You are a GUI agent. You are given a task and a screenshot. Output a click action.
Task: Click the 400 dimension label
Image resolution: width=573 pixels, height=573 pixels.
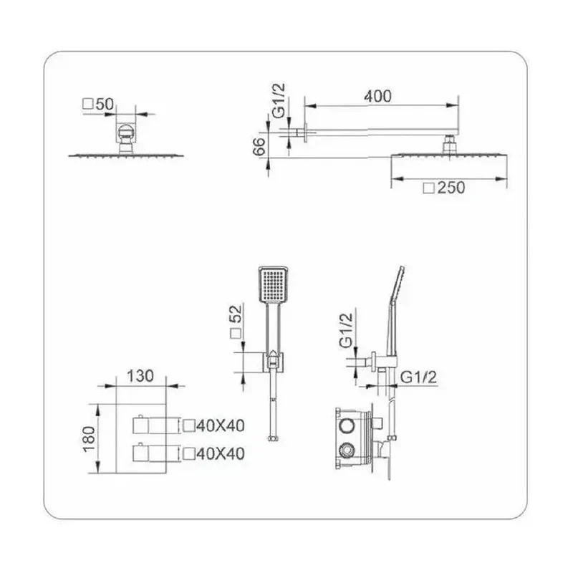click(x=377, y=96)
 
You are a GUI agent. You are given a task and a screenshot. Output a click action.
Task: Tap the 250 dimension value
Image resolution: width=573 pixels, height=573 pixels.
click(x=451, y=188)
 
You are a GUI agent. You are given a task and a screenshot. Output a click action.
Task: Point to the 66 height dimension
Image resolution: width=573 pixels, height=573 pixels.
click(x=259, y=146)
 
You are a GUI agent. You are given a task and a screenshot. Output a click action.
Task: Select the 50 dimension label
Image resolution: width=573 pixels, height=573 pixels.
click(x=105, y=104)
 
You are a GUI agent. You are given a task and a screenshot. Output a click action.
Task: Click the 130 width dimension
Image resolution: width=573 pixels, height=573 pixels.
click(x=140, y=376)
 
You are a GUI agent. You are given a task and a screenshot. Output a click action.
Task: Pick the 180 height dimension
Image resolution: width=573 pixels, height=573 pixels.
click(x=89, y=439)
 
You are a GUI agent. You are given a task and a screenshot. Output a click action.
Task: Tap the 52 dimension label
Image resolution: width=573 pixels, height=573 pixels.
click(x=236, y=314)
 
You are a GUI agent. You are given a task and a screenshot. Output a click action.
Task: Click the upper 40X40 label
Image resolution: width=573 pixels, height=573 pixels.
click(x=221, y=425)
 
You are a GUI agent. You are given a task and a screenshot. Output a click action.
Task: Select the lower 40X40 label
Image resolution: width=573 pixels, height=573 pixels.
click(x=221, y=454)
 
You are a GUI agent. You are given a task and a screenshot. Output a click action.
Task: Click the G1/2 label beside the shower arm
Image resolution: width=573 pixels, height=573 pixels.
click(x=279, y=100)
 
